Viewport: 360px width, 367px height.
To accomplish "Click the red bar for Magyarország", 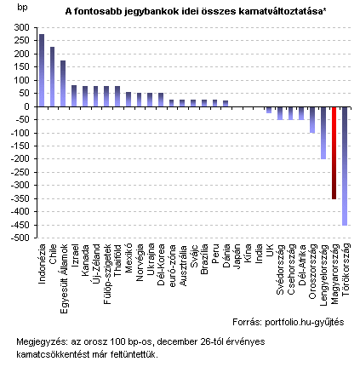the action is (334, 153).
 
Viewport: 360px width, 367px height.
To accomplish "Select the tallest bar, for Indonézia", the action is (42, 71).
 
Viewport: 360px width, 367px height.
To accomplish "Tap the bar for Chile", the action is (52, 77).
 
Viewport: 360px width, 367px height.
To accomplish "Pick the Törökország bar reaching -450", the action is (345, 166).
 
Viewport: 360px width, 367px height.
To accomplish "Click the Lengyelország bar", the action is (323, 133).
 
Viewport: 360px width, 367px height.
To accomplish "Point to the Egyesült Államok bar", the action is (63, 83).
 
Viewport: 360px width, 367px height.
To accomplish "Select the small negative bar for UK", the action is (269, 110).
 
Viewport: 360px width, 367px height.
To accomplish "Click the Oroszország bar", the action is (312, 120).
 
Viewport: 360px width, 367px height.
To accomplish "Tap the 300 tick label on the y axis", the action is (22, 27).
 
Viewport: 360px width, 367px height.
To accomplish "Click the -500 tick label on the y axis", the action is (20, 238).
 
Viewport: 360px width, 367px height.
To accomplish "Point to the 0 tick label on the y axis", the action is (27, 106).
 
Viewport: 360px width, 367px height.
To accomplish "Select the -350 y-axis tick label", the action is (20, 198).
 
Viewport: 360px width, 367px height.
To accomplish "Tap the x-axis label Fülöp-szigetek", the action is (107, 274).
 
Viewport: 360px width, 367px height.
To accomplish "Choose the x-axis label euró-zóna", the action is (172, 265).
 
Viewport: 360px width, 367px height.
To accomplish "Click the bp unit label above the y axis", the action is (22, 8).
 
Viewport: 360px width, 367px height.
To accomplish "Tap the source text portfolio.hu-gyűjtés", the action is (305, 322).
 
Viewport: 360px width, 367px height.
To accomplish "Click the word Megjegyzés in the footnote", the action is (43, 341).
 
